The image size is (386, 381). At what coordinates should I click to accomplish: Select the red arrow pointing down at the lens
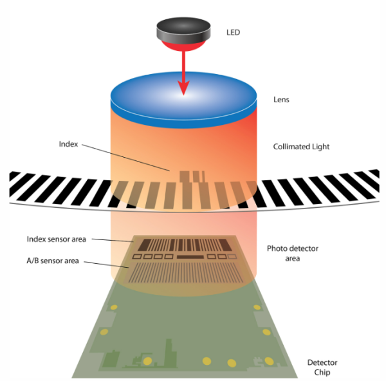coord(185,71)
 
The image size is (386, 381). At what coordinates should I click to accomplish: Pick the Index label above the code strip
coord(68,144)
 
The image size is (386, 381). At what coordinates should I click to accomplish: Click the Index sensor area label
coord(56,239)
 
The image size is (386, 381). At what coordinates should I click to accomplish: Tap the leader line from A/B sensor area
coord(107,265)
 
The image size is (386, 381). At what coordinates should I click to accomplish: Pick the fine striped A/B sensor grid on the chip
coord(187,274)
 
